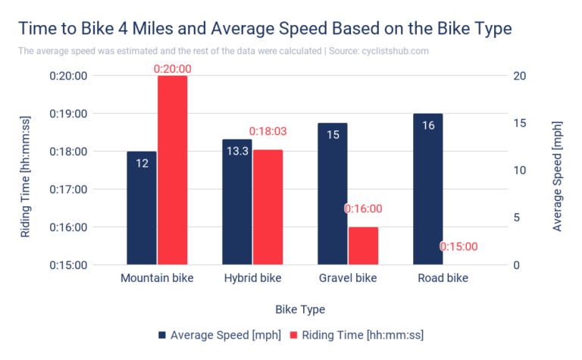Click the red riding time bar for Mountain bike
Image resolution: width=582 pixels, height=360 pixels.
tap(172, 171)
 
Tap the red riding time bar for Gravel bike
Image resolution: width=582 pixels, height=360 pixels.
tap(363, 246)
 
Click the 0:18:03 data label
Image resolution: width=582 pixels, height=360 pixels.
tap(268, 132)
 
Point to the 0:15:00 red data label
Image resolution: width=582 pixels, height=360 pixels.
tap(458, 246)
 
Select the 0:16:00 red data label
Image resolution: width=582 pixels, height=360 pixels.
tap(363, 208)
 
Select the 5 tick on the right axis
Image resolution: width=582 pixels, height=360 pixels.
tap(515, 218)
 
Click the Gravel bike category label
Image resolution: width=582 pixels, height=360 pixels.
tap(348, 278)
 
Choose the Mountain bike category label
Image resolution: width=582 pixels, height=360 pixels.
tap(157, 278)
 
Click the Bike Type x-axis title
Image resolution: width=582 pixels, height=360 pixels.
tap(300, 309)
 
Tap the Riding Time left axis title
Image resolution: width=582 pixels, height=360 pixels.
tap(26, 171)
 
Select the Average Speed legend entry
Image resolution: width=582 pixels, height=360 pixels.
tap(219, 335)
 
